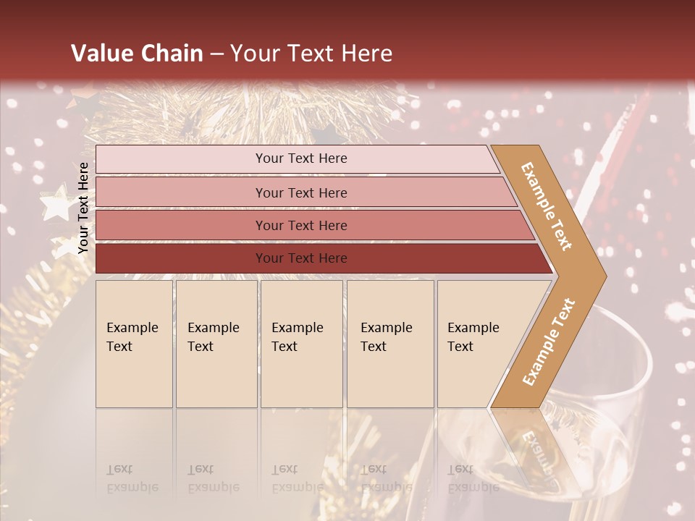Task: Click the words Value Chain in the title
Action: tap(137, 54)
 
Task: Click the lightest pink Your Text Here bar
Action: tap(300, 159)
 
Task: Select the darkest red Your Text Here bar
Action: tap(300, 258)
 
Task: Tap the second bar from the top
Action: tap(300, 192)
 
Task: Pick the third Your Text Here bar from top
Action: tap(300, 225)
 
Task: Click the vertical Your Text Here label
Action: tap(83, 208)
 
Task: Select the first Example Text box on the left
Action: tap(134, 344)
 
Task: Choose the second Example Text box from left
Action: tap(216, 344)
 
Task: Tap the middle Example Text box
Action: tap(301, 344)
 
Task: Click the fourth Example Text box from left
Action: tap(390, 344)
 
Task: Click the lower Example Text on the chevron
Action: tap(549, 342)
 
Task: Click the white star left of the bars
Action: tap(56, 206)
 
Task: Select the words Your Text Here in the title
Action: tap(311, 54)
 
